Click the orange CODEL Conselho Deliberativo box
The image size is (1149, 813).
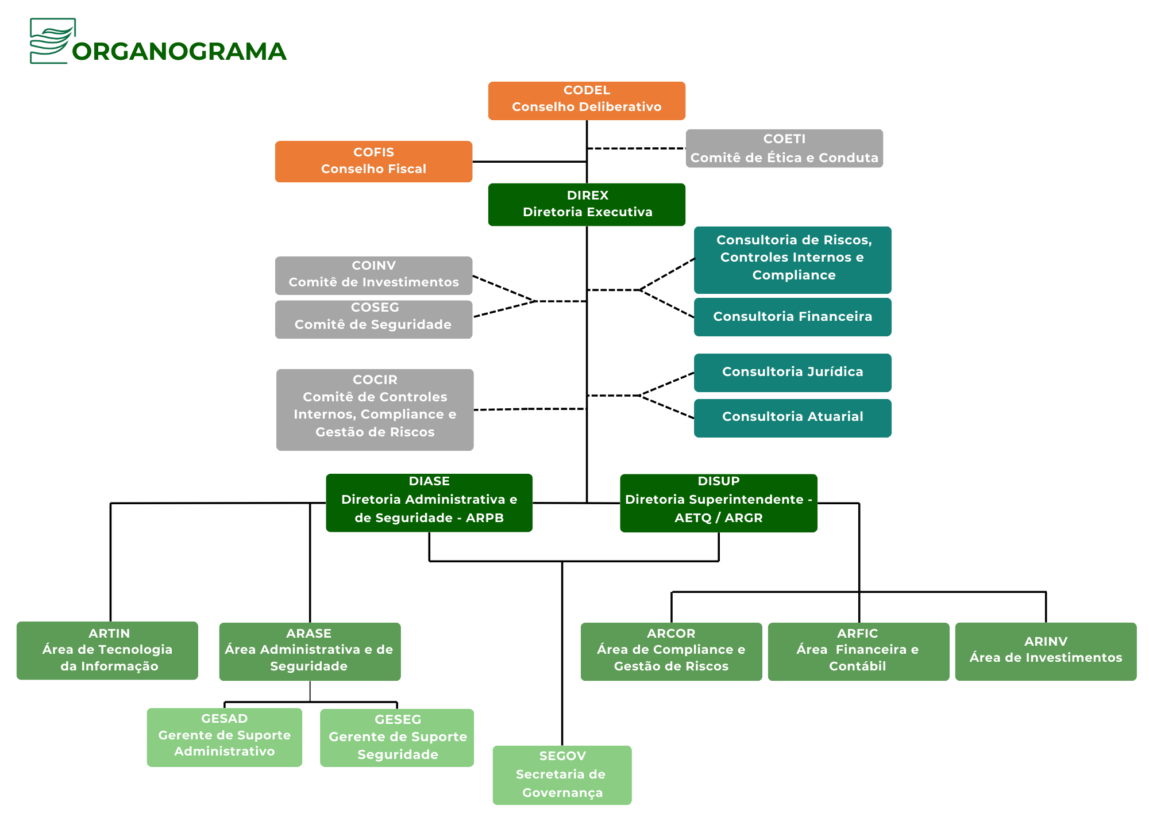pos(587,101)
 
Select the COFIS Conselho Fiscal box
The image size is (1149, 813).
pos(373,162)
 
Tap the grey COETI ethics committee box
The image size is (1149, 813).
pos(784,148)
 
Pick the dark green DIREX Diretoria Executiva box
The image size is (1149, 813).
pos(587,204)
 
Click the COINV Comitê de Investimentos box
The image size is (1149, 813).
pos(373,275)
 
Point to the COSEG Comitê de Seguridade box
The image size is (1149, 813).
pos(373,319)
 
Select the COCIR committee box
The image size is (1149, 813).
pos(375,409)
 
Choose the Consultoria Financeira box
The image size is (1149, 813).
pos(792,316)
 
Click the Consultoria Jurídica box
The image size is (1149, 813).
pos(792,373)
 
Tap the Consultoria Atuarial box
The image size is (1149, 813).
pos(792,417)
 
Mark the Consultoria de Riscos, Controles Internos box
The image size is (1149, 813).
pos(792,259)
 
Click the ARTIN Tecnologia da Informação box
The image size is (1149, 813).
pos(107,650)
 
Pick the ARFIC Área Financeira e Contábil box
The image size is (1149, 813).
pos(858,651)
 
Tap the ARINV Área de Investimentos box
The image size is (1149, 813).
pos(1046,651)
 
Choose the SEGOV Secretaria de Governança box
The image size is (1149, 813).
pos(562,774)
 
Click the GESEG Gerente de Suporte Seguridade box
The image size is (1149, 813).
pos(397,737)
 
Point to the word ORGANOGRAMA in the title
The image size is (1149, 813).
pos(179,52)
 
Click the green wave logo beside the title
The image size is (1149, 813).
pos(52,40)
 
